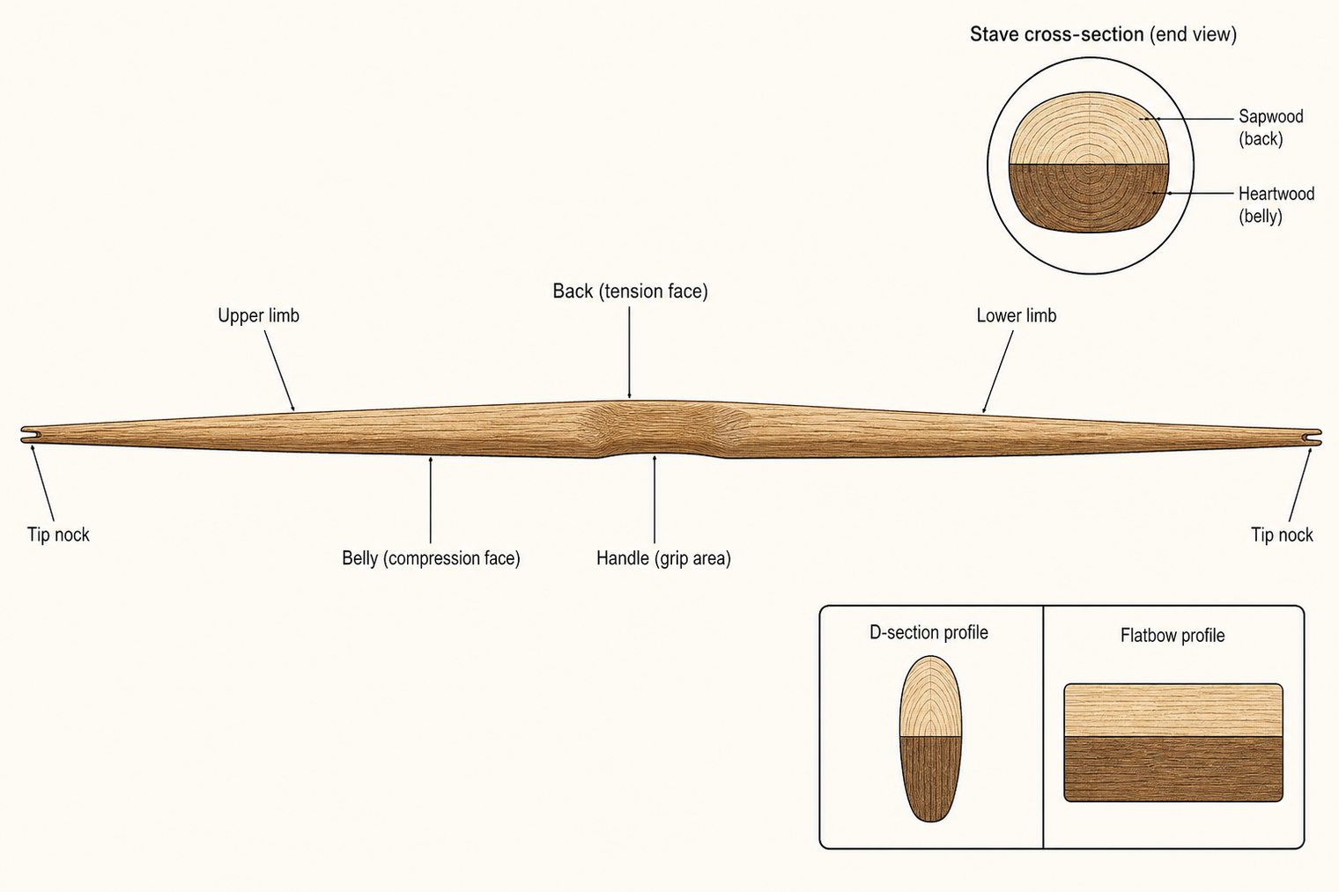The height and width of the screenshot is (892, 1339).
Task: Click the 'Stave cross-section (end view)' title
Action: (1103, 34)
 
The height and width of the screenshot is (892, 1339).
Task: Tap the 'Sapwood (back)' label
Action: (1271, 128)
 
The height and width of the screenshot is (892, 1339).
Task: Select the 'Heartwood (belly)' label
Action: (1276, 204)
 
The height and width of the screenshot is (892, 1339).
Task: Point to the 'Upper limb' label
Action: (258, 315)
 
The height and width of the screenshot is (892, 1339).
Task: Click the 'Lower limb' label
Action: (1017, 315)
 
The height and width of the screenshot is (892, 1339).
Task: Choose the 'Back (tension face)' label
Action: (630, 291)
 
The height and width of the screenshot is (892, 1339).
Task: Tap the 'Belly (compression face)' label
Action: (431, 558)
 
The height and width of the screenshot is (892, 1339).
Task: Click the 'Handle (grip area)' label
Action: (663, 558)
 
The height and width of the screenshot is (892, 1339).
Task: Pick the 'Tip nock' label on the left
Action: (58, 534)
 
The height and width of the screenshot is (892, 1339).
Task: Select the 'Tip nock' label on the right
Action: (1283, 534)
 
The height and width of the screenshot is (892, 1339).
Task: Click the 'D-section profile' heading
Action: (928, 632)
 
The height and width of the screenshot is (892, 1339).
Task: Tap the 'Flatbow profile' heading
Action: (1173, 635)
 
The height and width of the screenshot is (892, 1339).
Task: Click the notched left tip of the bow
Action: (27, 435)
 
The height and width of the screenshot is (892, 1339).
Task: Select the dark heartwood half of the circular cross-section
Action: (1089, 198)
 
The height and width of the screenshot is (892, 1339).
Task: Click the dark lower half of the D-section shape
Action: (931, 778)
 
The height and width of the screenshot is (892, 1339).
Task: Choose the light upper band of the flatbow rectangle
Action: (1173, 710)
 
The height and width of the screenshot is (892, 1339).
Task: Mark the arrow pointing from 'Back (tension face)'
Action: (630, 352)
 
